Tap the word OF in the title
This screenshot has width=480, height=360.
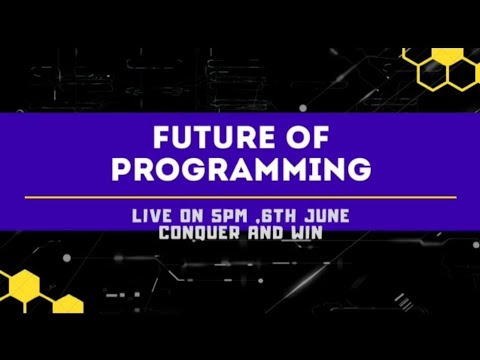(x=300, y=137)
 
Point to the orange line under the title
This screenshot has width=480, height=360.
(x=239, y=198)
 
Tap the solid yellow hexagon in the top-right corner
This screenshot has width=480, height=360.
(x=417, y=61)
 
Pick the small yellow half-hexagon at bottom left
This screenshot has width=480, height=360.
(x=68, y=304)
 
